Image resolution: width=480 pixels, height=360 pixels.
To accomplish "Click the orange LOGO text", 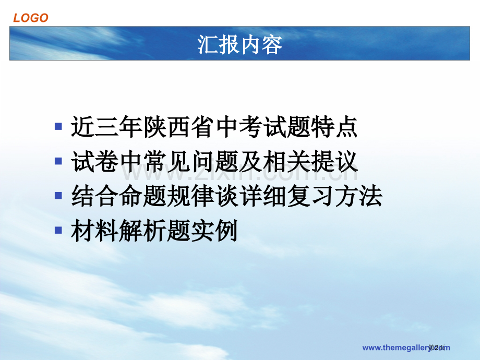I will click(x=31, y=18).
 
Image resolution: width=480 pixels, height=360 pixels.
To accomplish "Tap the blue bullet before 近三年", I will click(x=58, y=126).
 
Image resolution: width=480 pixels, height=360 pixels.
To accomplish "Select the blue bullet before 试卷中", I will click(x=58, y=161).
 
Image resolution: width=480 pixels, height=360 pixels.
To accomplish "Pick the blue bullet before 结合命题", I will click(x=58, y=196).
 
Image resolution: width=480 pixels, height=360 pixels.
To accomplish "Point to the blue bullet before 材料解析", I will click(x=58, y=230).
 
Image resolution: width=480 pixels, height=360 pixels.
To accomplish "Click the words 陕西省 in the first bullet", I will click(x=178, y=127).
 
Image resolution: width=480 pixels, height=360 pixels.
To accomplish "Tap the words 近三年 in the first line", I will click(x=106, y=127).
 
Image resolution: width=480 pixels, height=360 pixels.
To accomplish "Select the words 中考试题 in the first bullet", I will click(x=261, y=127).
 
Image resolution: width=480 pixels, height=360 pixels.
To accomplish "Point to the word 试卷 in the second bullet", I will click(x=94, y=162).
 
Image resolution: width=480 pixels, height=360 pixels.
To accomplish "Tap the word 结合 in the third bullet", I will click(x=94, y=196).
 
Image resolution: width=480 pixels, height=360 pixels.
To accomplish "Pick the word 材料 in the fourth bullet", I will click(x=94, y=231).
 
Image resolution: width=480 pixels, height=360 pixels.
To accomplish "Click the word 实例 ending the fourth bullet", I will click(x=214, y=231).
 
